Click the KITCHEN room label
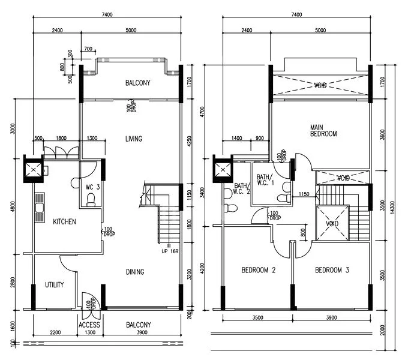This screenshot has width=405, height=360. pos(64,221)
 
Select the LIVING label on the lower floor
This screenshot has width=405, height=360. pos(133,139)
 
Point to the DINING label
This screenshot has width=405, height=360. pos(134,272)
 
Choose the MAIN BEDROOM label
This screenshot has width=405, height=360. pos(323,130)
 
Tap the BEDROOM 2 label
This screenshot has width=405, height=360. pos(258,270)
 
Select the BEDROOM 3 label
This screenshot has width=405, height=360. pos(332,270)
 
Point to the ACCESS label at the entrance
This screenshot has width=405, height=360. pos(89,325)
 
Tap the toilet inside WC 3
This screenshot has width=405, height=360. pos(91,203)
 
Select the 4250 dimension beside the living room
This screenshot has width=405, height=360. pos(189,141)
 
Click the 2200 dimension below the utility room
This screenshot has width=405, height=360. pos(55,332)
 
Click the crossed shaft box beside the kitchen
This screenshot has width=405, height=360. pos(34,169)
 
